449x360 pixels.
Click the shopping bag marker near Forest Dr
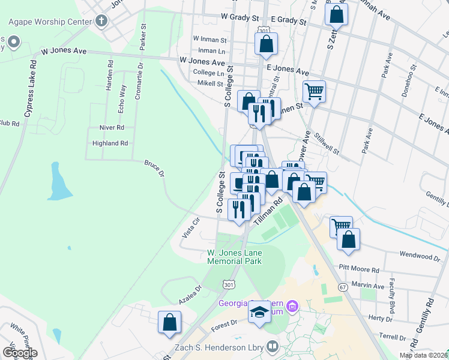pyautogui.click(x=170, y=322)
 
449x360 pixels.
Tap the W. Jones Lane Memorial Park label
pyautogui.click(x=234, y=257)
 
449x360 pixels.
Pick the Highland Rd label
pyautogui.click(x=110, y=143)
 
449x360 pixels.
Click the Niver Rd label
pyautogui.click(x=112, y=128)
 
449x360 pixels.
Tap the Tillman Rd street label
pyautogui.click(x=268, y=213)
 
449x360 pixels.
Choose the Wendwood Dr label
pyautogui.click(x=420, y=257)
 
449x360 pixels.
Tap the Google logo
pyautogui.click(x=19, y=352)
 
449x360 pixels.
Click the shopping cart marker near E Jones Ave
pyautogui.click(x=314, y=92)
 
